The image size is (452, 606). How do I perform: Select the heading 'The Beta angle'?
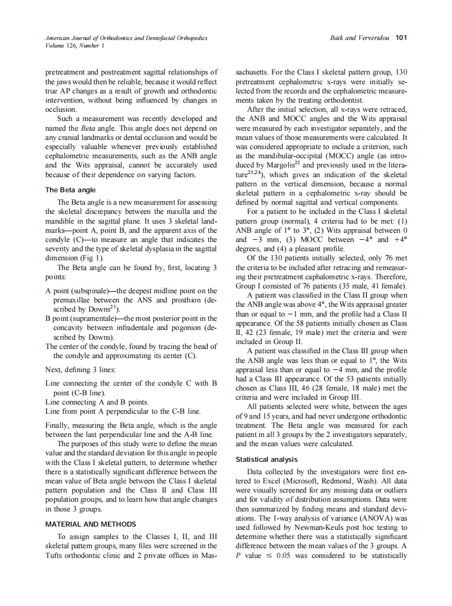click(x=70, y=190)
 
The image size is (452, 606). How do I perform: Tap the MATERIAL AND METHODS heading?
click(x=91, y=524)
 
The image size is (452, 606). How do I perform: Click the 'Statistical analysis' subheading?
click(x=266, y=460)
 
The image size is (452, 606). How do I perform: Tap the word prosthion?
click(x=183, y=300)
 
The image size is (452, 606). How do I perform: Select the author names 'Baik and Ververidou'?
click(x=359, y=38)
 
